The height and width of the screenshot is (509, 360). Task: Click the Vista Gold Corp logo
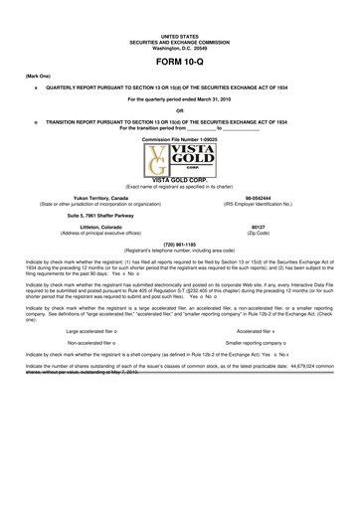[x=180, y=163]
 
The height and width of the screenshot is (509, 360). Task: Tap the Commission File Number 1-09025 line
[x=180, y=140]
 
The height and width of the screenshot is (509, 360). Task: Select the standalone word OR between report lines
[x=180, y=110]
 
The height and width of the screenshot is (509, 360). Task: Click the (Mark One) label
[x=38, y=76]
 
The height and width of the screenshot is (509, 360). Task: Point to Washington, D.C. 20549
[x=180, y=47]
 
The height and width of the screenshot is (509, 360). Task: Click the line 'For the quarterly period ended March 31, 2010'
[x=180, y=99]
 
